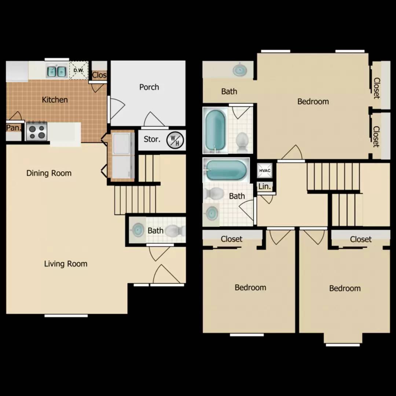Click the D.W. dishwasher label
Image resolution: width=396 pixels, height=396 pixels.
[78, 70]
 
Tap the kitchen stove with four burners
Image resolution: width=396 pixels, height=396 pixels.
[37, 131]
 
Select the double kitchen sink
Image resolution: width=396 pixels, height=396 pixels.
[56, 71]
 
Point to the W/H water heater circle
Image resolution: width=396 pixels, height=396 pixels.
[175, 140]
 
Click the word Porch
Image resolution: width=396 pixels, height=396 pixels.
[149, 87]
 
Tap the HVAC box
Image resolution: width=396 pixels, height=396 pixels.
[265, 170]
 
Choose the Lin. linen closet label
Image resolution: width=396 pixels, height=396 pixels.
[264, 187]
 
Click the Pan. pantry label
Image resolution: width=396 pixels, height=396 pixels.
[14, 128]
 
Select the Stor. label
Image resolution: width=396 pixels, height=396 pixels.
[152, 139]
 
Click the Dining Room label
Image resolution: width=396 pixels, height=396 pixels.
[49, 173]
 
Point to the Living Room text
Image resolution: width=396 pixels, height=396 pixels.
[66, 264]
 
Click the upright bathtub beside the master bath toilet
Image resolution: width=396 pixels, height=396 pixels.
[215, 130]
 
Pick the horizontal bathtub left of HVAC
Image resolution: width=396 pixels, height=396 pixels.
[226, 170]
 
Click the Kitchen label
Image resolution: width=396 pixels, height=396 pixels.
[55, 100]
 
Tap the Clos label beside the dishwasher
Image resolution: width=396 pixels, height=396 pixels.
[99, 75]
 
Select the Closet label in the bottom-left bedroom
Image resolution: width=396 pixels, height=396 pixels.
[231, 239]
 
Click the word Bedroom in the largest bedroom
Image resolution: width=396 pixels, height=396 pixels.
[313, 102]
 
